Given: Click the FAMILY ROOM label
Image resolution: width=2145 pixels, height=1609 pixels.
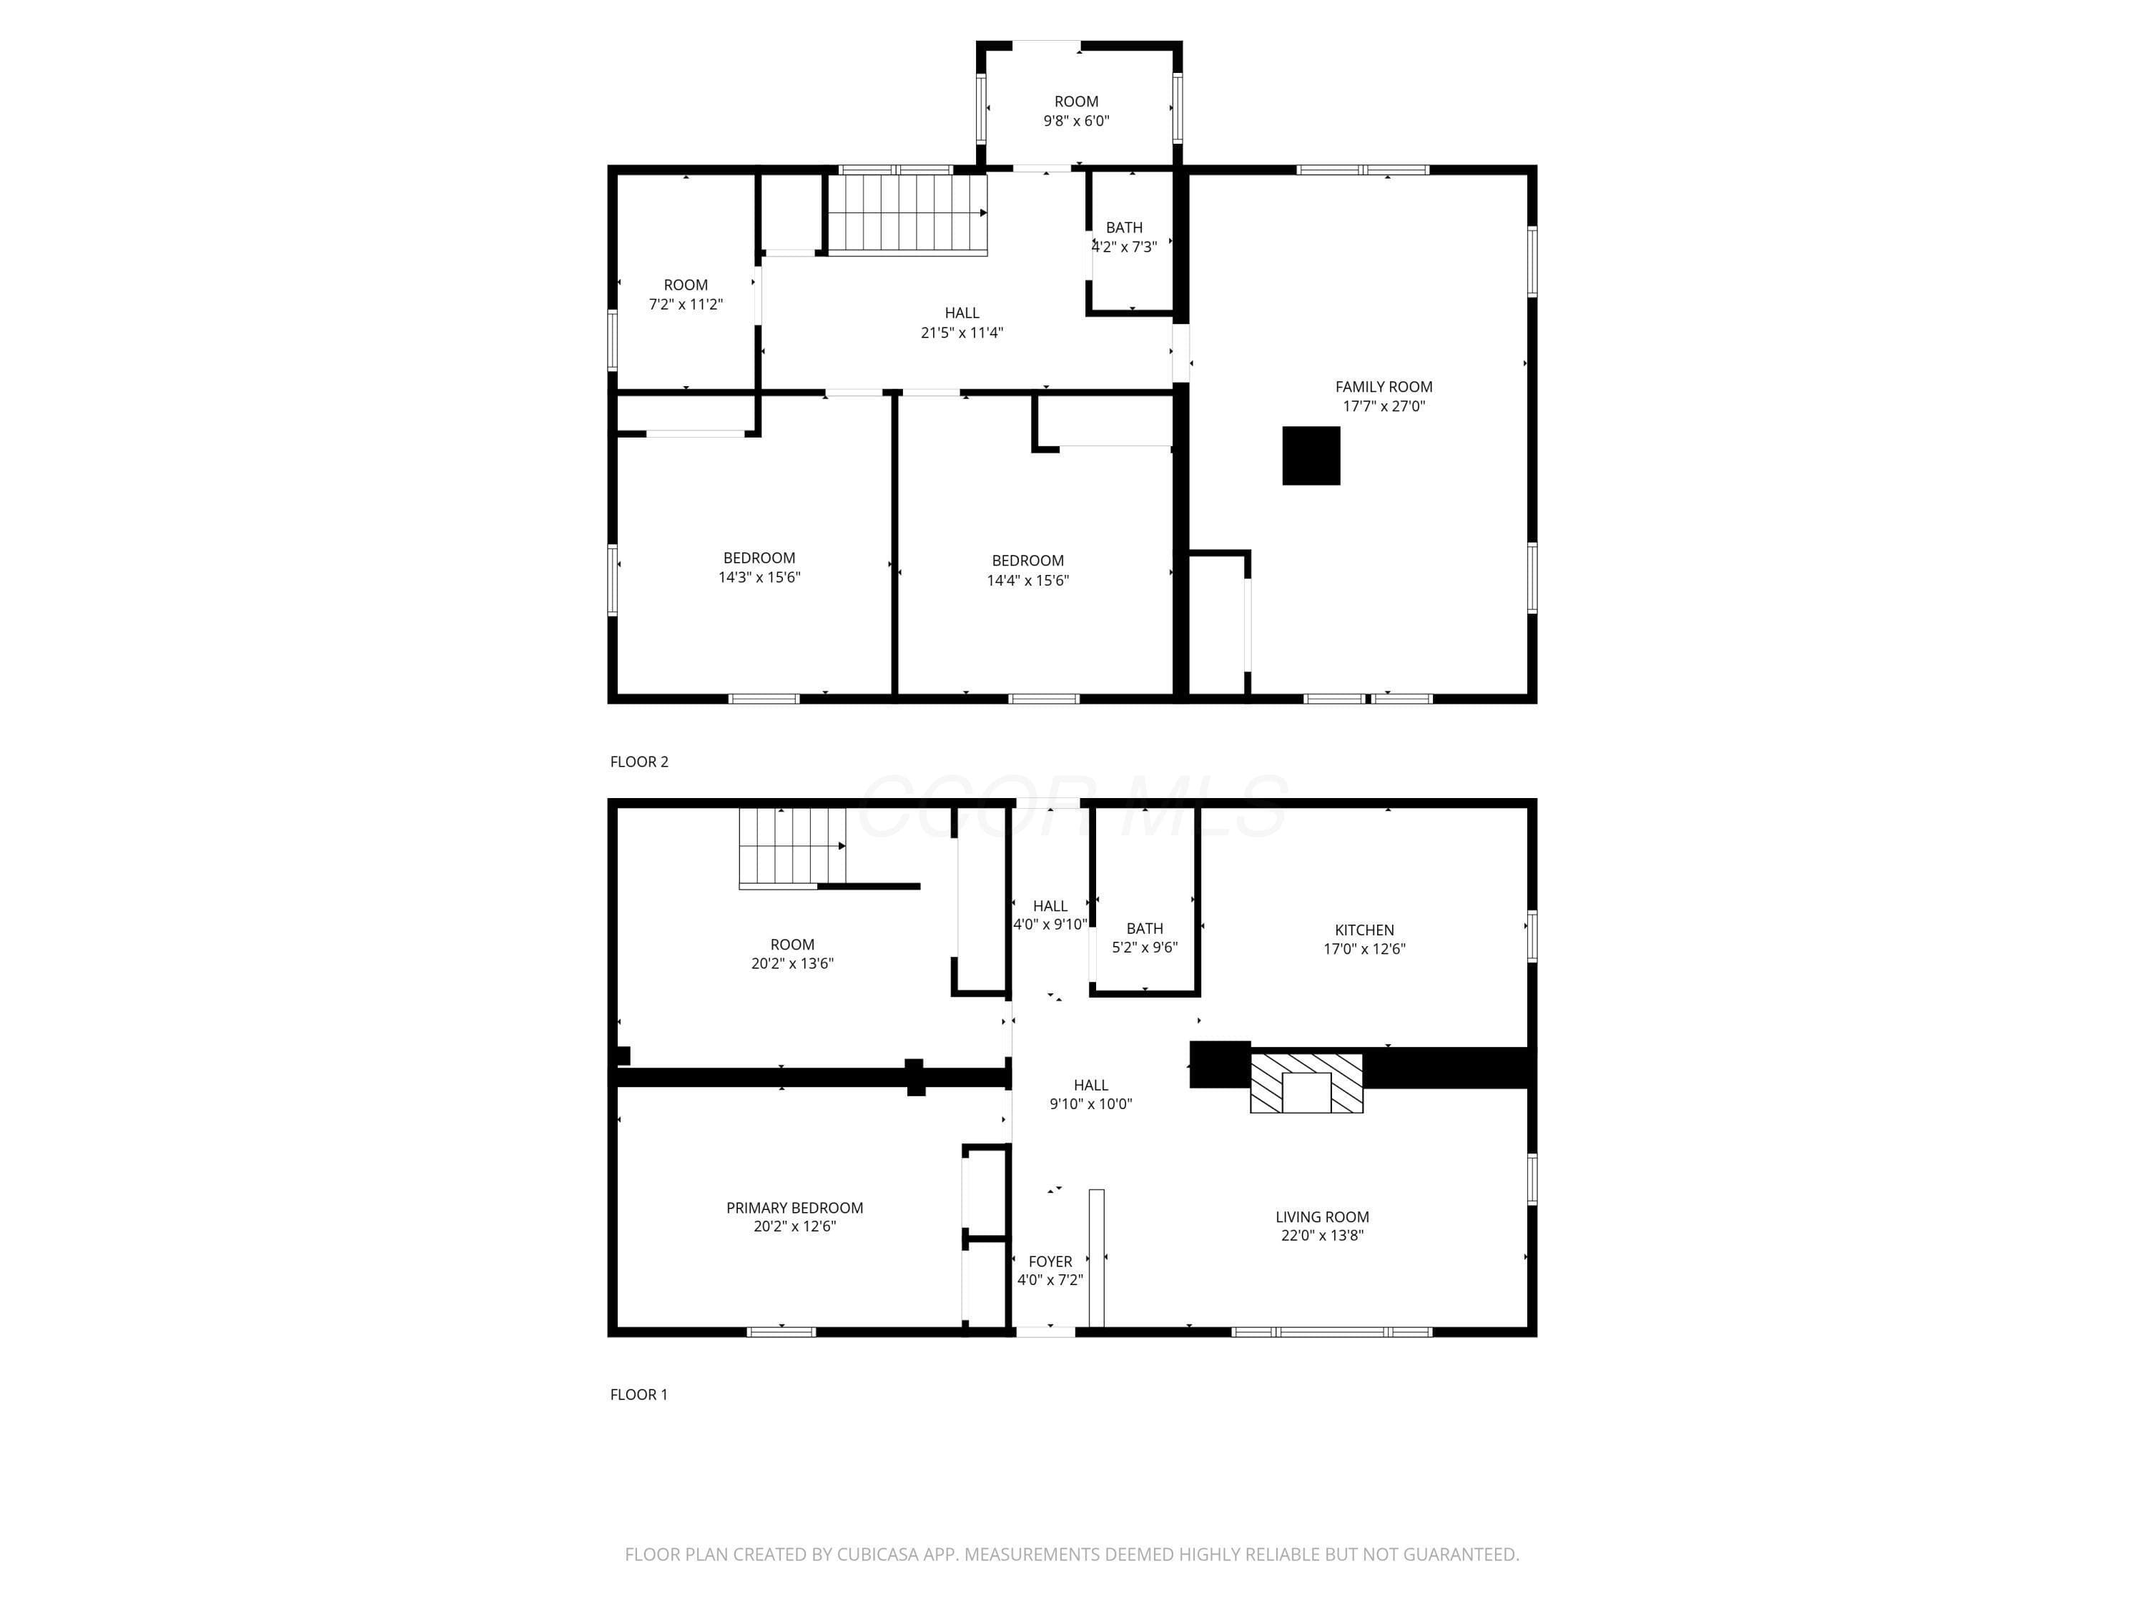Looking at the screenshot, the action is coord(1383,387).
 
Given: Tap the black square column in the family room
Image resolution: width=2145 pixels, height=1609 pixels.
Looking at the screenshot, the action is coord(1311,456).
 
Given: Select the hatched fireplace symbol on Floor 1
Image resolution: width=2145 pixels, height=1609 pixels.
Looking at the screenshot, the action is coord(1306,1083).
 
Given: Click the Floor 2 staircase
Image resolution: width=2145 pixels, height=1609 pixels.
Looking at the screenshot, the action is coord(907,213).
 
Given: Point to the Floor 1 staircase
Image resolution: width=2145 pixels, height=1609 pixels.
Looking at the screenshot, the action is coord(792,847).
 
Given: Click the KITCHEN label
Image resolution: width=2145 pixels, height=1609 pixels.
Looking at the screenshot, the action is coord(1364,930).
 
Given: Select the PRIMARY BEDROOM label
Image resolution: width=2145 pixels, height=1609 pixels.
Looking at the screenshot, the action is coord(794,1208).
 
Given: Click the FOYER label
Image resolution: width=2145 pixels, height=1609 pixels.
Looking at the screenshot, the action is coord(1050,1261).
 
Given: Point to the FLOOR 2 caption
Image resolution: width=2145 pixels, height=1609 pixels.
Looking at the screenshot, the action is coord(639,762).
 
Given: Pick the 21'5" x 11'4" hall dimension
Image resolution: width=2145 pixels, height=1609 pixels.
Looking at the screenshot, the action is coord(962,333).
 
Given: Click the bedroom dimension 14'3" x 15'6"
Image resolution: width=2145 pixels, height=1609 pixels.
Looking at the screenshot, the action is coord(759,577).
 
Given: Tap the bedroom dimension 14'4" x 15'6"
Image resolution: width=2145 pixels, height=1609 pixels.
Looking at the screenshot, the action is coord(1028,580).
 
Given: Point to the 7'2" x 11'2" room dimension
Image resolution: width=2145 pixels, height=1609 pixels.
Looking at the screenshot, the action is coord(686,305).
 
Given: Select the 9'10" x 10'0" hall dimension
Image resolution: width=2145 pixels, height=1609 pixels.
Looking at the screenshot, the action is coord(1091,1103).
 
